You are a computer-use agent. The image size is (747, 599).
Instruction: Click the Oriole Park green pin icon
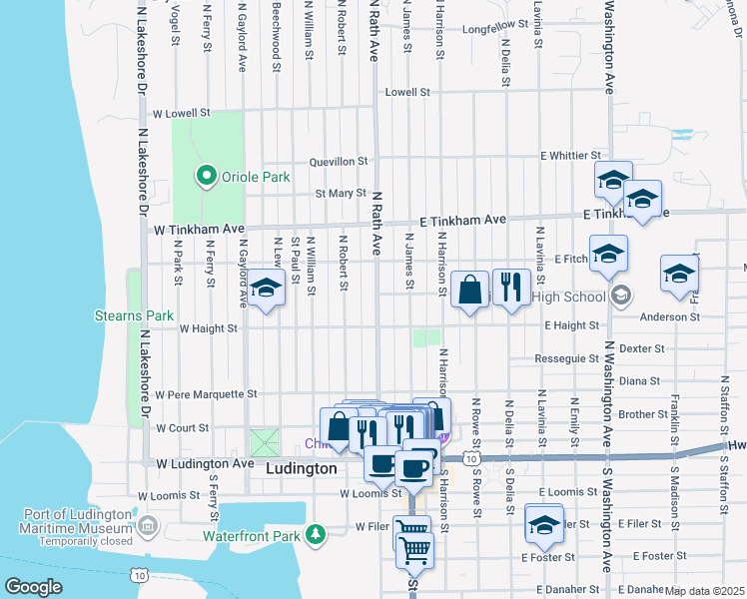tap(207, 178)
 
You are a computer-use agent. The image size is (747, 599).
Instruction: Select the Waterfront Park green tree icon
tap(316, 535)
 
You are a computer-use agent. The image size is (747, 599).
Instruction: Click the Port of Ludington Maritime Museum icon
tap(148, 524)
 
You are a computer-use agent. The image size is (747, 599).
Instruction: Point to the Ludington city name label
tap(303, 467)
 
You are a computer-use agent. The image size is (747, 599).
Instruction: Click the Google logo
tap(33, 587)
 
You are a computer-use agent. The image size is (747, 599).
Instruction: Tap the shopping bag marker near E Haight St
tap(469, 290)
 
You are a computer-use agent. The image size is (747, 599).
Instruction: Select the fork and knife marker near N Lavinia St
tap(511, 289)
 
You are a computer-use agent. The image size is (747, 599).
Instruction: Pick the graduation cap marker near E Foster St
tap(543, 524)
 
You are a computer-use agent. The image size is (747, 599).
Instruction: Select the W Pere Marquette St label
tap(207, 394)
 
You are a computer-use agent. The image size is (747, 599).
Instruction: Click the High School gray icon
tap(621, 295)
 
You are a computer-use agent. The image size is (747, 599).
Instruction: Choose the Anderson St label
tap(670, 316)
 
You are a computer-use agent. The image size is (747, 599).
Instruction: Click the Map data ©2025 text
tap(703, 591)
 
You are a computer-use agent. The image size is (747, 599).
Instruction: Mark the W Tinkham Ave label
tap(199, 229)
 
